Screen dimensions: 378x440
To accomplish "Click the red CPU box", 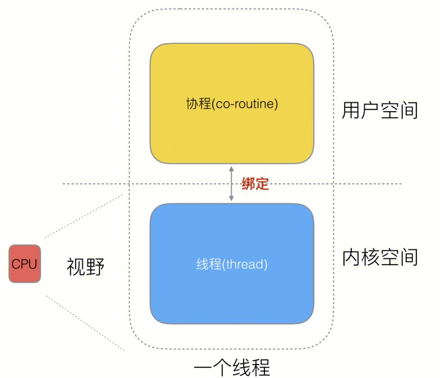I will coord(25,263).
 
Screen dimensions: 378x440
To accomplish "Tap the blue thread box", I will coord(231,292).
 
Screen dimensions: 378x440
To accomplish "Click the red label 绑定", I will coord(255,184).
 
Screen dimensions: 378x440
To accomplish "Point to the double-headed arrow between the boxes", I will coord(231,184).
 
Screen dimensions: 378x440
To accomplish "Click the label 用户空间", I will coord(380,111).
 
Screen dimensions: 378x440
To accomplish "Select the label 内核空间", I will coord(380,257).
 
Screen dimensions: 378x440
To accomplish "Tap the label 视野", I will coord(85,267).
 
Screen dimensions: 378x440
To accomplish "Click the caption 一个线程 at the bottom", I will coord(232,368).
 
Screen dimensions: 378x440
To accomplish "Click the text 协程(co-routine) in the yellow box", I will coord(232,104).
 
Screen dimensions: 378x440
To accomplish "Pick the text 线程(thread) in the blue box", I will coord(232,264).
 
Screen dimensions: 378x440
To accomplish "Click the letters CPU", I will coord(25,263).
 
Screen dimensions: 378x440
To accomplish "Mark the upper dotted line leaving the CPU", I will coord(84,216).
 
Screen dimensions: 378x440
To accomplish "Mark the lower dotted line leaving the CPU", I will coord(84,324).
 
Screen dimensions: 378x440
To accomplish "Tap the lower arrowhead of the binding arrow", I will coord(231,199).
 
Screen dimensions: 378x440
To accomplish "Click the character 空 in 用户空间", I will coord(389,111).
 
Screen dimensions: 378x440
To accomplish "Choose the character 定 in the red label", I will coord(262,184).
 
